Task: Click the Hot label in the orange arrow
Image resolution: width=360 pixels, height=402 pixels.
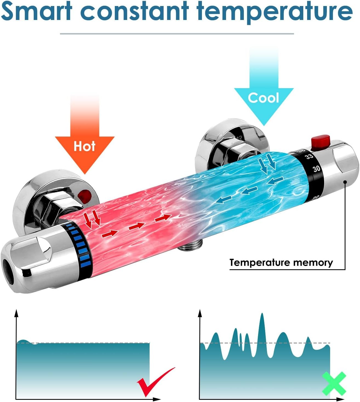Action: [84, 146]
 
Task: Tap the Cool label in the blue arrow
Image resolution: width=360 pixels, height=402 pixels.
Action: [264, 98]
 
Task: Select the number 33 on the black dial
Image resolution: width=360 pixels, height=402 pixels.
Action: [309, 157]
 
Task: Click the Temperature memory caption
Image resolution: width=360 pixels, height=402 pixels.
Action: [281, 263]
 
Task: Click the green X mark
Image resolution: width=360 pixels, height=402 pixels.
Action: [334, 384]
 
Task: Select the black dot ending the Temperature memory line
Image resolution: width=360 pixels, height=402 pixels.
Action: [345, 182]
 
